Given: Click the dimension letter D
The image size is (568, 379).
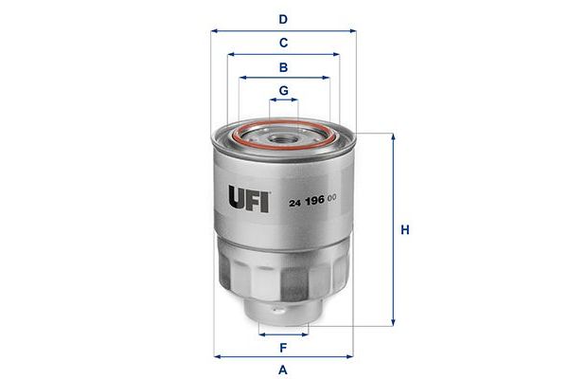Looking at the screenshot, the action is point(283,19).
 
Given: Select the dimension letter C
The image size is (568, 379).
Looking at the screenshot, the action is point(284,43).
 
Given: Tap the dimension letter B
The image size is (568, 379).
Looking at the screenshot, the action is point(284,67).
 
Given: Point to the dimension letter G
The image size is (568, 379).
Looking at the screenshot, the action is point(284,90).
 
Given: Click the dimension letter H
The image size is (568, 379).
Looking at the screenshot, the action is point(405,230).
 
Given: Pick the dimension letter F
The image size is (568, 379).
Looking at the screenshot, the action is point(283,348).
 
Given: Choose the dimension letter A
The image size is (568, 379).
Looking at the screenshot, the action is point(283,370).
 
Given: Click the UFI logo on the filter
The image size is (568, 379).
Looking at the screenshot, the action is point(248,198).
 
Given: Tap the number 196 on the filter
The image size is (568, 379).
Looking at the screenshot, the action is point(315,200).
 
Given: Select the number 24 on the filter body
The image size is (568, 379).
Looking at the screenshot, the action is point(295,203).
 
